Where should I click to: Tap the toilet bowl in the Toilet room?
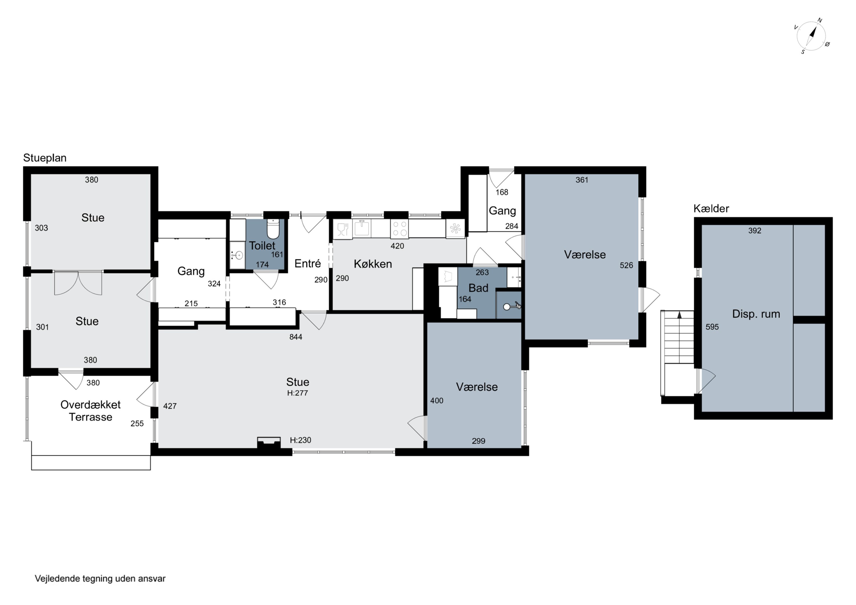273,228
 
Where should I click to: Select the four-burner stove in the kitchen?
399,228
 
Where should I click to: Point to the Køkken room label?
373,264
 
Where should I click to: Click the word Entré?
308,264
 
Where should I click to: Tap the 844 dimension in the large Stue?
296,337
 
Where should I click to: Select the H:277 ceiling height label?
298,393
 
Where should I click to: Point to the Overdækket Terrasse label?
91,411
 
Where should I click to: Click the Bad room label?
478,288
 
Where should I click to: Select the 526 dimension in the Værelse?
626,265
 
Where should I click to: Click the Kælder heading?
711,209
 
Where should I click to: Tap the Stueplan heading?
45,158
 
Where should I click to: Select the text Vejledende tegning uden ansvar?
100,578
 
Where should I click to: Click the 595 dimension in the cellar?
712,327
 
